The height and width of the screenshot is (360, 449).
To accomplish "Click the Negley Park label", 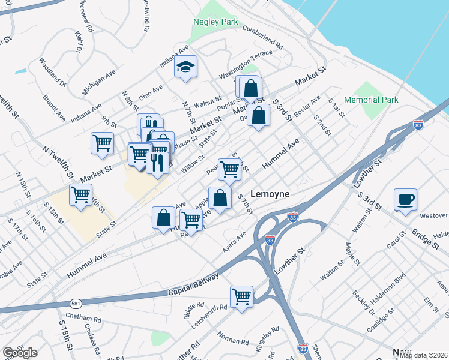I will (215, 22).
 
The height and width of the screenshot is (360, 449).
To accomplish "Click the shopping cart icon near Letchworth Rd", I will (241, 296).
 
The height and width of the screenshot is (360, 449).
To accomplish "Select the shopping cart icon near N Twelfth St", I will (103, 143).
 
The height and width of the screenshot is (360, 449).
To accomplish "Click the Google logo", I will (20, 353).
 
